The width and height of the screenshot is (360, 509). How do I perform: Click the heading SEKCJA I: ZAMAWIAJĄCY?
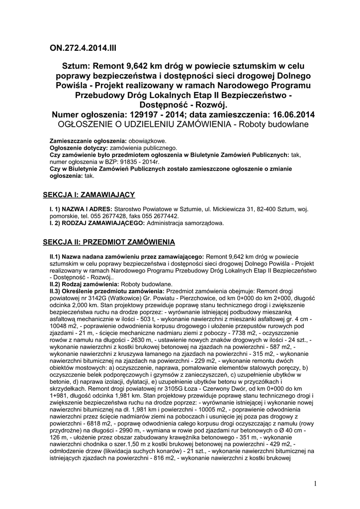(x=89, y=194)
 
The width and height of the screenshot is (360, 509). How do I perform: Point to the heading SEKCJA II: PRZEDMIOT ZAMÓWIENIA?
(x=109, y=242)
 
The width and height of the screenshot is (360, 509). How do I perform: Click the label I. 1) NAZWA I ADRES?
(x=81, y=210)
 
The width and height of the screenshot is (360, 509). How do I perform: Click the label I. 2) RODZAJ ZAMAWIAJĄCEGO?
(x=97, y=224)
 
